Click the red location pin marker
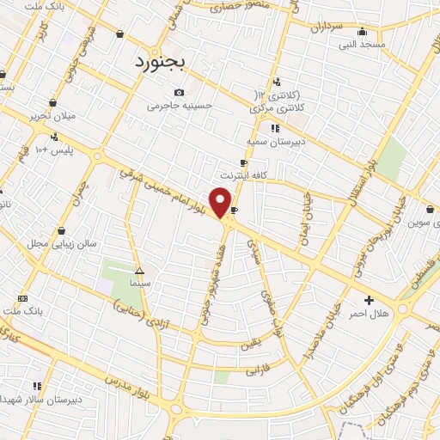[x=221, y=201]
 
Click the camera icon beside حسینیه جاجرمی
[x=179, y=93]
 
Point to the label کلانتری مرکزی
[x=272, y=108]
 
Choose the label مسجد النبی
[x=362, y=44]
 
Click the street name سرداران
[x=327, y=27]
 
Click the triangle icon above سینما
[x=139, y=270]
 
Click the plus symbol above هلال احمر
[x=370, y=300]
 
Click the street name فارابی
[x=258, y=370]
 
